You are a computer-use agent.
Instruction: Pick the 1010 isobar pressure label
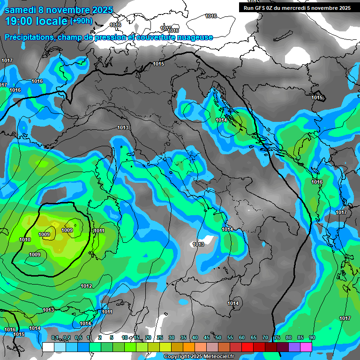tap(25, 240)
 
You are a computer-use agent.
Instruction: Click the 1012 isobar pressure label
tap(86, 286)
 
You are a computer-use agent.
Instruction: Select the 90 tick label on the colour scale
tap(312, 337)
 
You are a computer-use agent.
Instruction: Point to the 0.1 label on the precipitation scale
tap(55, 337)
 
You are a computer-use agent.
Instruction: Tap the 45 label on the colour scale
tap(207, 337)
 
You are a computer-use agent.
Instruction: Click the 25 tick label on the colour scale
tap(160, 337)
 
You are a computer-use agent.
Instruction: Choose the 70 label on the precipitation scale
tap(265, 337)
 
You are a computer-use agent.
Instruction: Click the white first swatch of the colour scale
tap(48, 346)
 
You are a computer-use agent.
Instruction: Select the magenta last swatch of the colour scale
tap(306, 346)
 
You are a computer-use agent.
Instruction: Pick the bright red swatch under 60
tap(247, 346)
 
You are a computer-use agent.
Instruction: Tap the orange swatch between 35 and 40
tap(189, 346)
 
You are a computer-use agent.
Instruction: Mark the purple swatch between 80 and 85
tap(294, 346)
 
